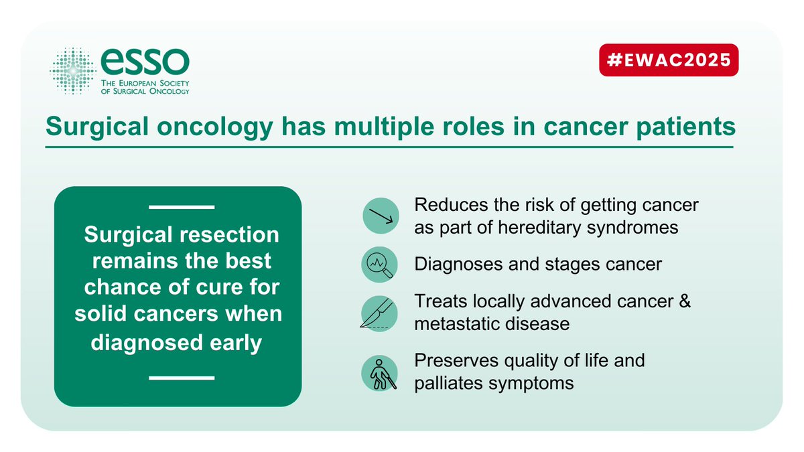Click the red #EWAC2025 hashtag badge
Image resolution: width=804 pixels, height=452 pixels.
click(669, 60)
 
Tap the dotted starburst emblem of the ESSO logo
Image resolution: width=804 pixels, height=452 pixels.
click(73, 71)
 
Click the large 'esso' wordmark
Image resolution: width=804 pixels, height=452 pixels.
click(145, 62)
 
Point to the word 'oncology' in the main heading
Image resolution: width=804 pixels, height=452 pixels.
click(214, 127)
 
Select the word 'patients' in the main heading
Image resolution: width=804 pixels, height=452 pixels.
click(685, 127)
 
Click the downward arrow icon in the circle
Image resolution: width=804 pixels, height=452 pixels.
click(381, 216)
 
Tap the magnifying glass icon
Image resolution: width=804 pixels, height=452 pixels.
click(379, 265)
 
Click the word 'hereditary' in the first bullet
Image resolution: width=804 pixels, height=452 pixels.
click(539, 228)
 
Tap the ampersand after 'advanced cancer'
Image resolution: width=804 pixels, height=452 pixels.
click(685, 301)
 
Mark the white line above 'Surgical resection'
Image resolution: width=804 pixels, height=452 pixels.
click(182, 208)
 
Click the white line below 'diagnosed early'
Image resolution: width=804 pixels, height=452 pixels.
click(182, 378)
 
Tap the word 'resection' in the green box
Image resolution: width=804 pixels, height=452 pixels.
click(229, 234)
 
